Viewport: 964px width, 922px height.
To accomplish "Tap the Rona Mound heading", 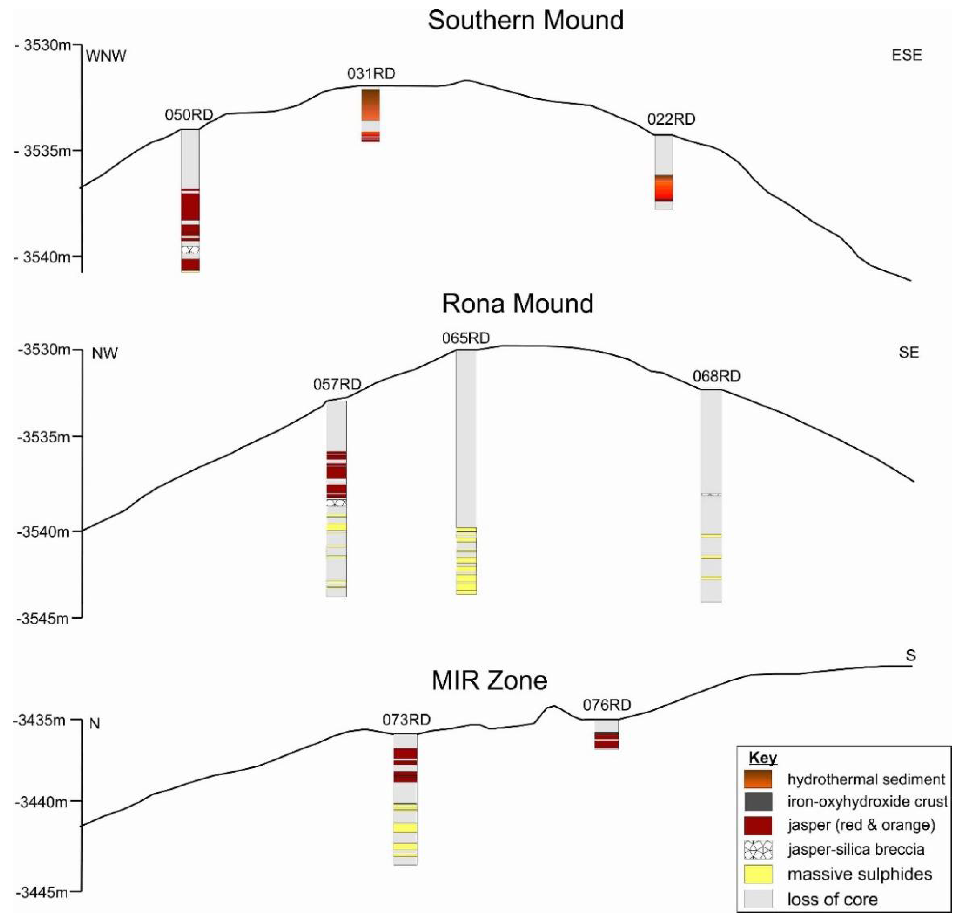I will [x=517, y=304].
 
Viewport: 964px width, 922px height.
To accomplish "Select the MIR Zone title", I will [x=489, y=681].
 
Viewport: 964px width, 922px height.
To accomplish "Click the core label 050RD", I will [x=189, y=115].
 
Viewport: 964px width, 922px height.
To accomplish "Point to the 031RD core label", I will [x=371, y=74].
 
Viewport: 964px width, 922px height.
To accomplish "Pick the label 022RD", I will [x=671, y=119].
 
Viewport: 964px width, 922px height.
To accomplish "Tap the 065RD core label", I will [x=466, y=338].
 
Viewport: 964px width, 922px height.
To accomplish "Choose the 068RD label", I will [x=716, y=376].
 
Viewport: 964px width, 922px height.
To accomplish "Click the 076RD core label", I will [x=607, y=705].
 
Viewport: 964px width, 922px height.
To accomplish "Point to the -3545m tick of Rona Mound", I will [x=43, y=618].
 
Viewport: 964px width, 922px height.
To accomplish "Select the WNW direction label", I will [x=106, y=56].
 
